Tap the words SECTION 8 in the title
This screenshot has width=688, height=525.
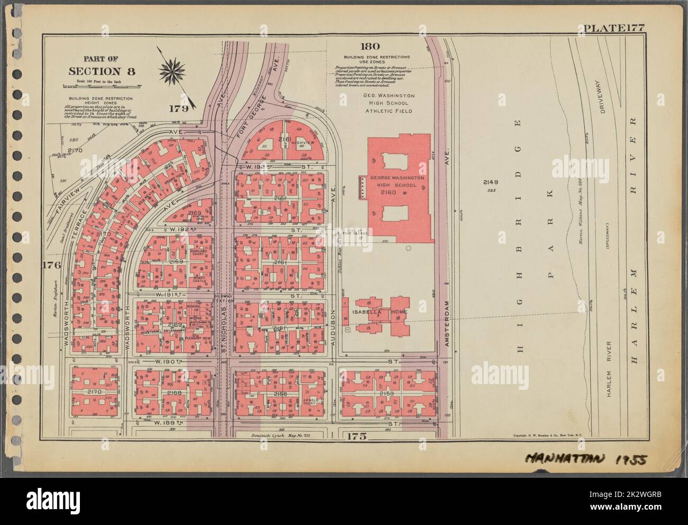[102, 71]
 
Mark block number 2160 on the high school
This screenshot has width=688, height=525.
[390, 193]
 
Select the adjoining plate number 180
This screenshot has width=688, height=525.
[369, 47]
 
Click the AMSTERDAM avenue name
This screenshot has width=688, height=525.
[448, 325]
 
